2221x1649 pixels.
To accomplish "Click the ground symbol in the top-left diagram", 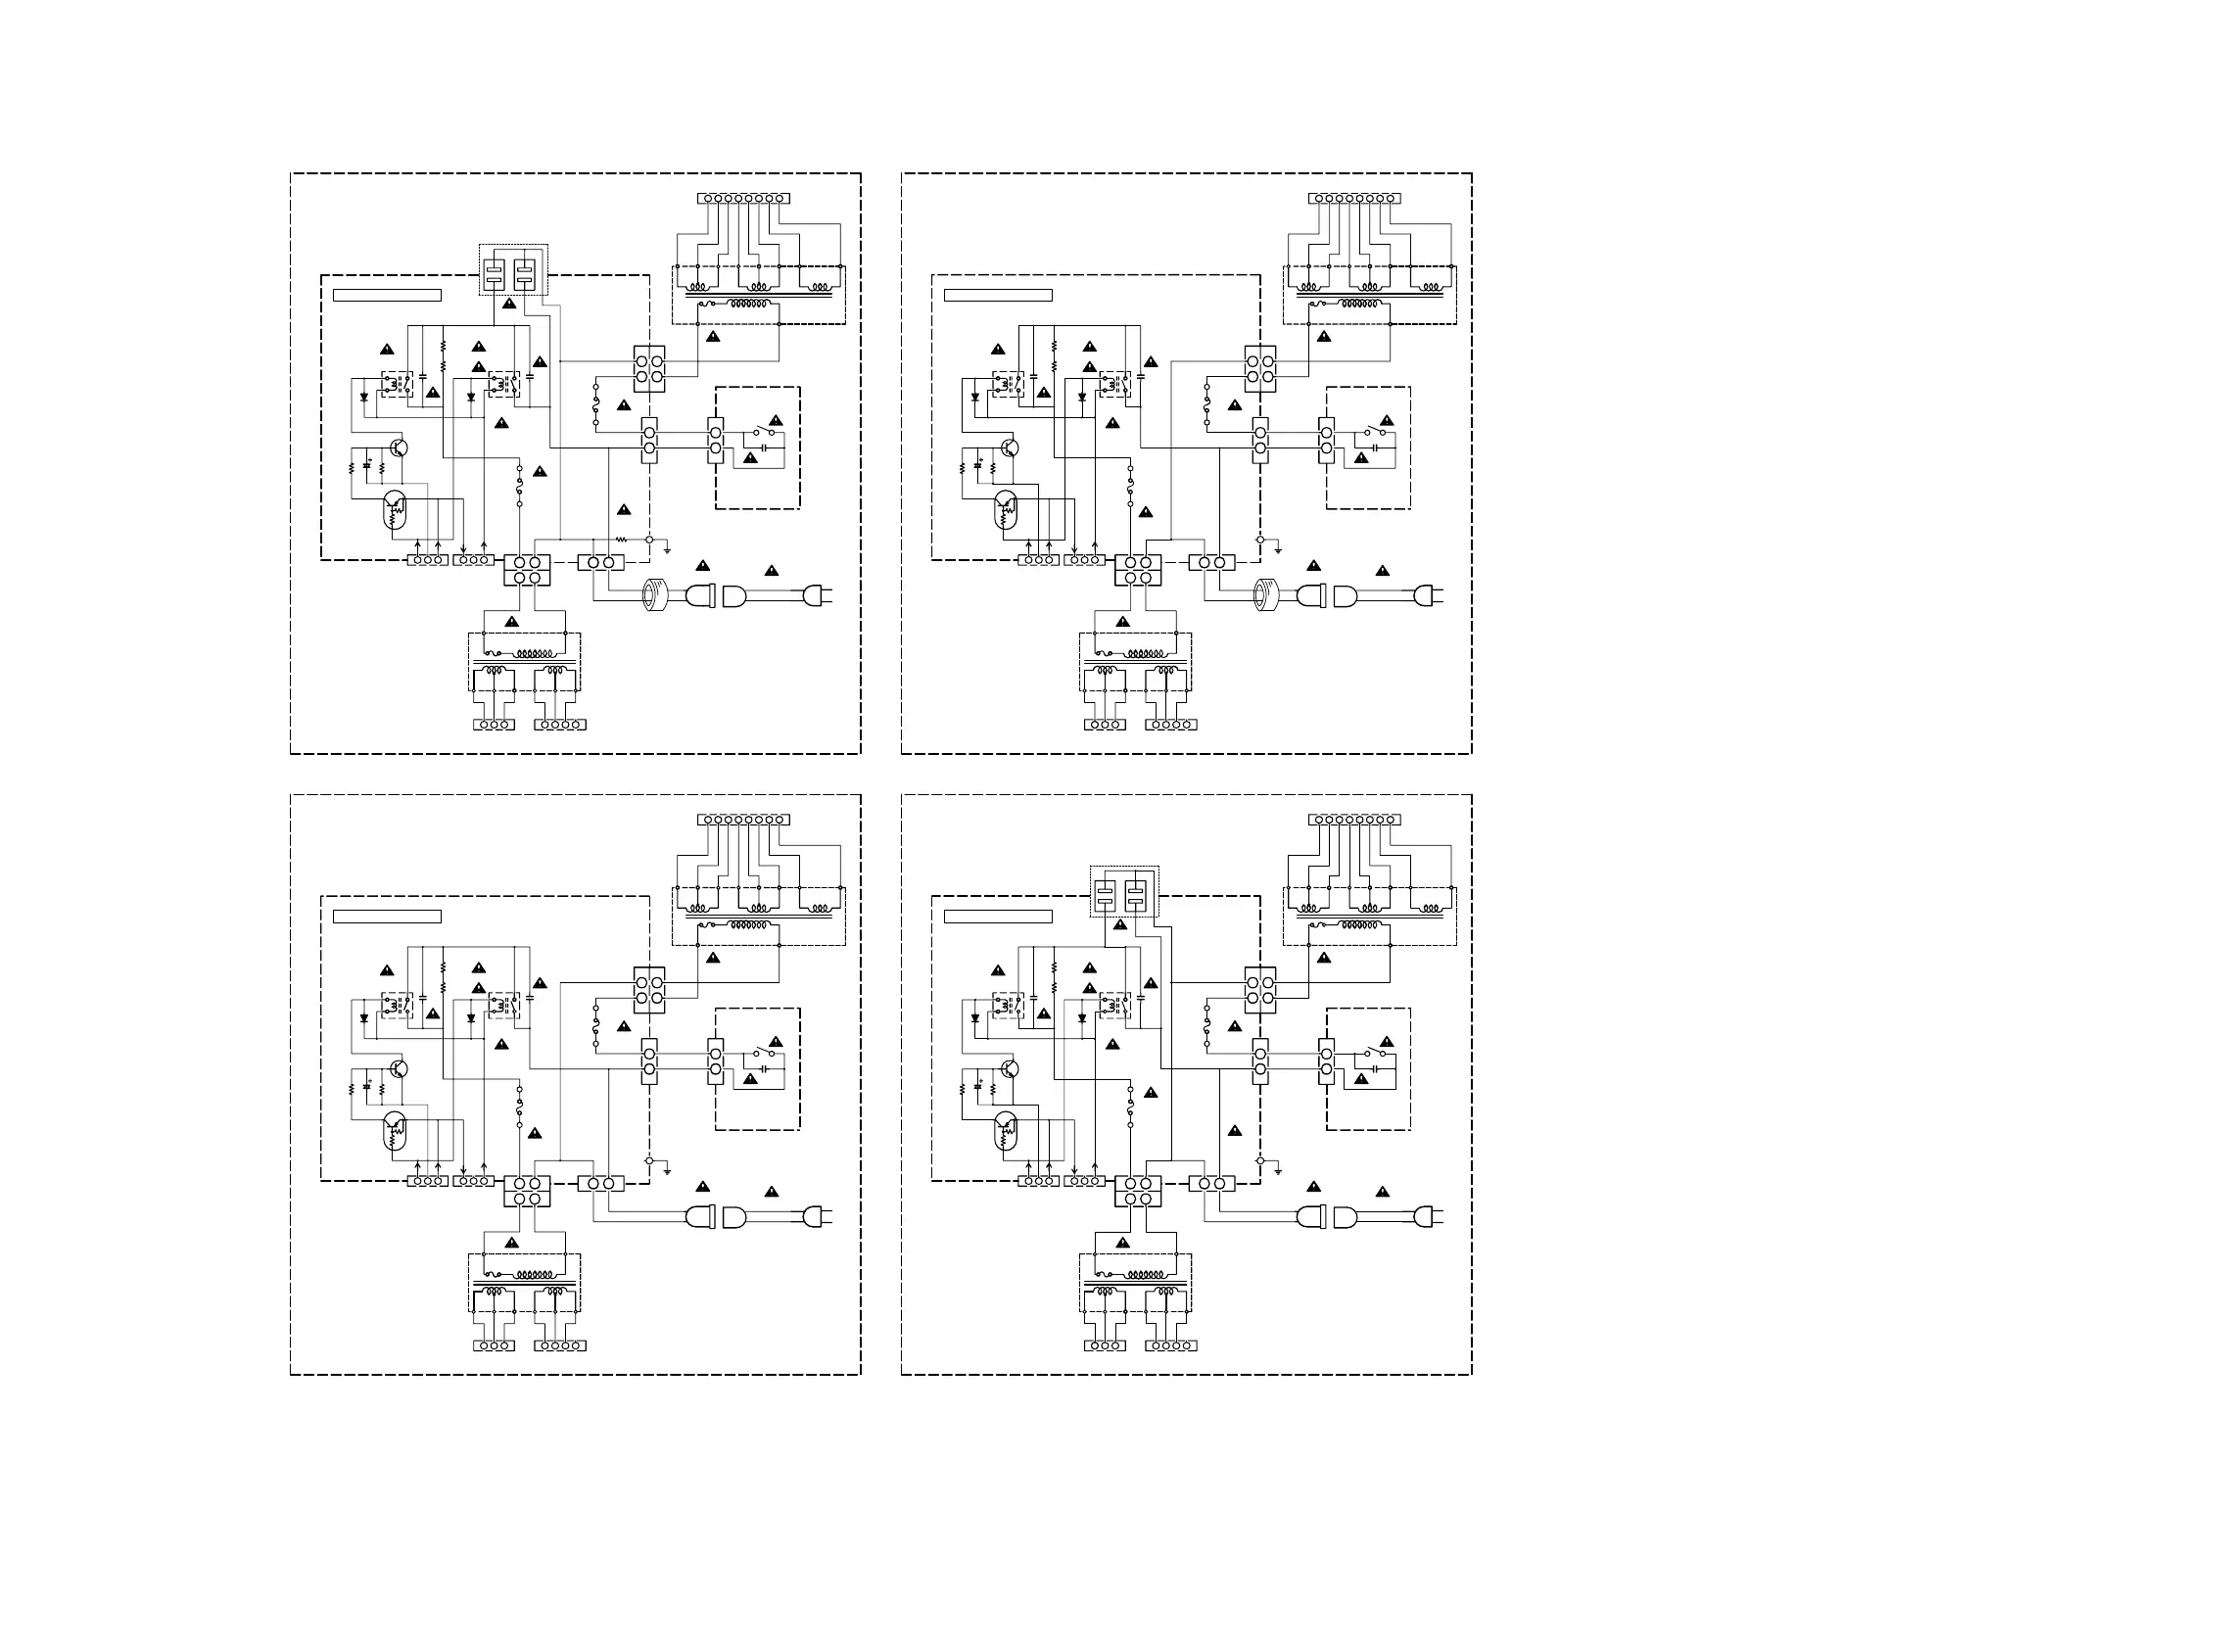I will tap(667, 550).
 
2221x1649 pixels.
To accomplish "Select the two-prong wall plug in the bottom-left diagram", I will tap(818, 1217).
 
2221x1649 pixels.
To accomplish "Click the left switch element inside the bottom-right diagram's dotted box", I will tap(1105, 894).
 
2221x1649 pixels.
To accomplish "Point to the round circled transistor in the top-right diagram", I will tap(1010, 448).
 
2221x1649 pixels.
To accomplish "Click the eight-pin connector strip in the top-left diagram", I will tap(743, 199).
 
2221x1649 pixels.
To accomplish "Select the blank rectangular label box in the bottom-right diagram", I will tap(997, 917).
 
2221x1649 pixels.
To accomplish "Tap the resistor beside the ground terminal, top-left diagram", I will tap(621, 539).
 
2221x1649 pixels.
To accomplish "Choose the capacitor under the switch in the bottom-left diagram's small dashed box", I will tap(765, 1069).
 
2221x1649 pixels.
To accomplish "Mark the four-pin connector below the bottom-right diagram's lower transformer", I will tap(1171, 1345).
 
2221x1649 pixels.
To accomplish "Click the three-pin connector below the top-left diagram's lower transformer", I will tap(495, 725).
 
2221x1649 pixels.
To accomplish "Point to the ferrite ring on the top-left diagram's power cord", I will tap(654, 595).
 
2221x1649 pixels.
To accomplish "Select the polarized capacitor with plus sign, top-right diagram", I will tap(978, 465).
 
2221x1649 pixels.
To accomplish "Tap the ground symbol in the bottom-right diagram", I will tap(1278, 1171).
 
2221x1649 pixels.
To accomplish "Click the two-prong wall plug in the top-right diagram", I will tap(1429, 596).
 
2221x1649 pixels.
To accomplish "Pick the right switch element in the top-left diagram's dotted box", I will tap(524, 273).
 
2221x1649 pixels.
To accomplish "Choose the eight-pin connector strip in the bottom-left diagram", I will tap(743, 820).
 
